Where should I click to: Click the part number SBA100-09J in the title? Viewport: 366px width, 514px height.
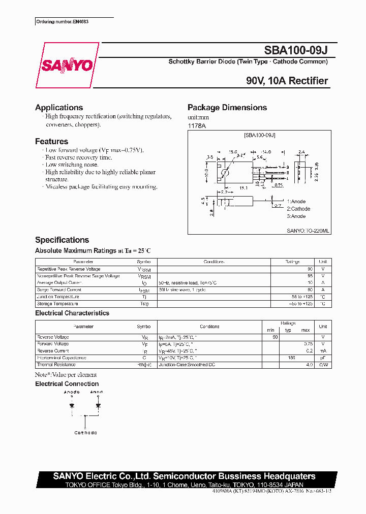(296, 51)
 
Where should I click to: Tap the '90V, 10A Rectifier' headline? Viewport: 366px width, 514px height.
(287, 81)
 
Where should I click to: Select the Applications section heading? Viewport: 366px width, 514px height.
(59, 108)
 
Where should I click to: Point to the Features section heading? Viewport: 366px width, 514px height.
(51, 142)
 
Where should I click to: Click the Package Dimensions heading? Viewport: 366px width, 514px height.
(227, 108)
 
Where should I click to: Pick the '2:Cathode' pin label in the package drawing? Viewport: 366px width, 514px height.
(298, 209)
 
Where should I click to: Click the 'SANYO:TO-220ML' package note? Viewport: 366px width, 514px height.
(308, 231)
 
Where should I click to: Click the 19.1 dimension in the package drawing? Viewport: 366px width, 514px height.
(243, 188)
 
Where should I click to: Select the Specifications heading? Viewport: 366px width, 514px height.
(62, 240)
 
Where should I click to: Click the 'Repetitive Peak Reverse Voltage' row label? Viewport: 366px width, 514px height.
(69, 269)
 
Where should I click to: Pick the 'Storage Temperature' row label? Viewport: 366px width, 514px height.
(57, 304)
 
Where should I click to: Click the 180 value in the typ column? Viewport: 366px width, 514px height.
(291, 358)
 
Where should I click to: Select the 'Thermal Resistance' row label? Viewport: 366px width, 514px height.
(56, 365)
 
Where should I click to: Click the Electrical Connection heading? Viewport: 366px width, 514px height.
(67, 384)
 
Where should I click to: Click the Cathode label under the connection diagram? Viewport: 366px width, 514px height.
(85, 433)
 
